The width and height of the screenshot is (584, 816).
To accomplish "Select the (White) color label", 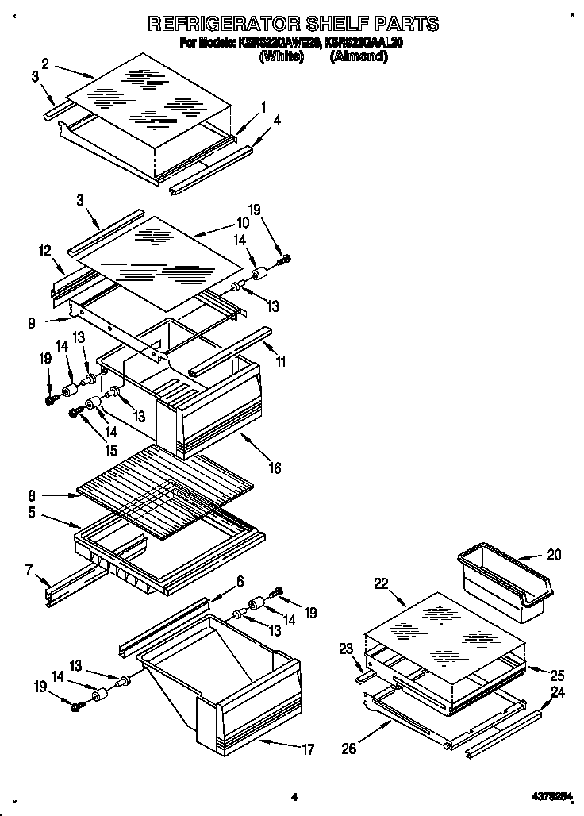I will pos(281,57).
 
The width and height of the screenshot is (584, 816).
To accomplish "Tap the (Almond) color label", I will pos(359,57).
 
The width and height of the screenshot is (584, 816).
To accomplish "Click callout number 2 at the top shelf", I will pos(46,64).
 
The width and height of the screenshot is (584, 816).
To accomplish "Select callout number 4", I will pos(276,121).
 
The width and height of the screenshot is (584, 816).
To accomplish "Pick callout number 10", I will pos(242,223).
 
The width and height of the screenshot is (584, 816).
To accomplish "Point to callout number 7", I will pos(29,568).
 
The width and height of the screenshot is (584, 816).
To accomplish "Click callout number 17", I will pos(308,749).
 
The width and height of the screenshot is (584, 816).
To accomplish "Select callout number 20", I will pos(553,555).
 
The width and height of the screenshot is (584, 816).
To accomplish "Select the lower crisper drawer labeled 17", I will pos(230,683).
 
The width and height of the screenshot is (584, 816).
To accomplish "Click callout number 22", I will pos(381,584).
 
